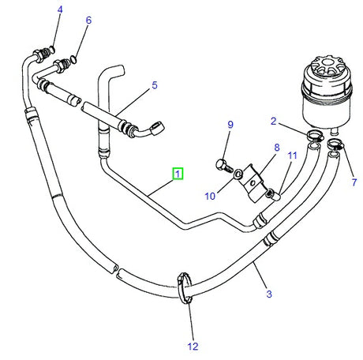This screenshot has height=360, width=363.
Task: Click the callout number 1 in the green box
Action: [179, 173]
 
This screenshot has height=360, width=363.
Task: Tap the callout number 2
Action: [274, 121]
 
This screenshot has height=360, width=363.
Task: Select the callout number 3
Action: [268, 294]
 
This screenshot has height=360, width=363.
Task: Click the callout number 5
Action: [155, 85]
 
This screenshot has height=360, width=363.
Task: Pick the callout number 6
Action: [88, 21]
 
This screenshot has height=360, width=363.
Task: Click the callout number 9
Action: [230, 125]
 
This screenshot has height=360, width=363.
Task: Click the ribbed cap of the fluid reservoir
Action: [324, 64]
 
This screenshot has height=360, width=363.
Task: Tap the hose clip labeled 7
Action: [336, 146]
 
